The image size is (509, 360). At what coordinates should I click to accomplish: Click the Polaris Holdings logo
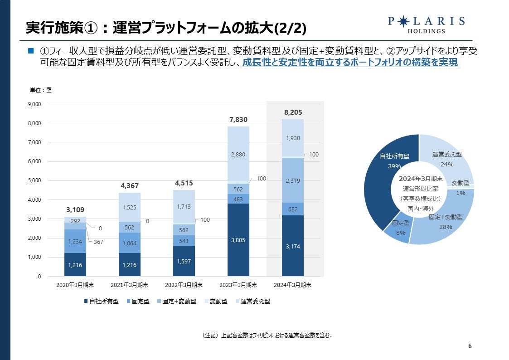pyautogui.click(x=427, y=25)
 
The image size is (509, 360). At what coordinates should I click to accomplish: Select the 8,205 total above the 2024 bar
pyautogui.click(x=292, y=112)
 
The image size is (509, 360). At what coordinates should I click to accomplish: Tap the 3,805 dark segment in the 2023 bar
pyautogui.click(x=238, y=240)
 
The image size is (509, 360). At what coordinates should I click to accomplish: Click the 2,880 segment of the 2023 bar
pyautogui.click(x=238, y=154)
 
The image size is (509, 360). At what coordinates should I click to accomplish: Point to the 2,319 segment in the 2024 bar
pyautogui.click(x=293, y=180)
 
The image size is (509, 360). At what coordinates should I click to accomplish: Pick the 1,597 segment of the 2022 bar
pyautogui.click(x=184, y=261)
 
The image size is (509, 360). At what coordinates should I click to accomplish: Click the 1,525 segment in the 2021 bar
pyautogui.click(x=130, y=207)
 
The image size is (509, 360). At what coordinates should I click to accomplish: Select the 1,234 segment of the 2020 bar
pyautogui.click(x=75, y=241)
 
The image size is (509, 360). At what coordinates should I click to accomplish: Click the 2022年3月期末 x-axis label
pyautogui.click(x=184, y=285)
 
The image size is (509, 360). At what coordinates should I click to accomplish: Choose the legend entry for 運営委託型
pyautogui.click(x=252, y=301)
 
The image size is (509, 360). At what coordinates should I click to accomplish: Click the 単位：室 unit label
pyautogui.click(x=41, y=90)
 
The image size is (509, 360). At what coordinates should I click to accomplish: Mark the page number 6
pyautogui.click(x=470, y=346)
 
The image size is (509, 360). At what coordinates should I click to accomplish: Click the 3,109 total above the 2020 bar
pyautogui.click(x=75, y=210)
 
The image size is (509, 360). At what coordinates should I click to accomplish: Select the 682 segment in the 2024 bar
pyautogui.click(x=293, y=209)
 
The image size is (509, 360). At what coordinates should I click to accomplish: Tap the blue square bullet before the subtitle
pyautogui.click(x=31, y=50)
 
